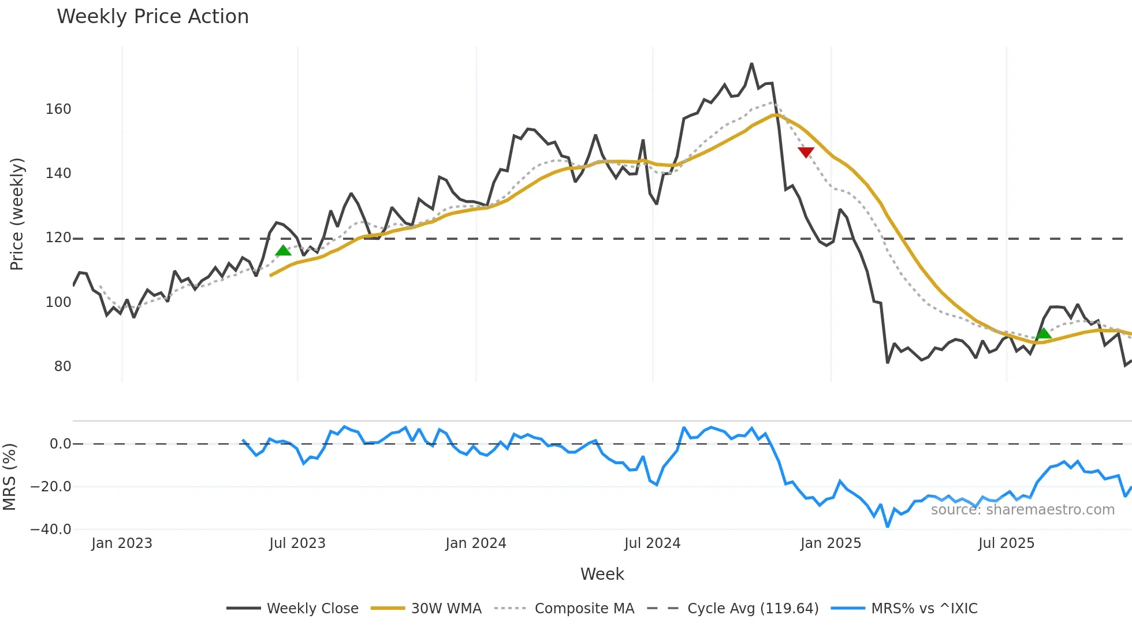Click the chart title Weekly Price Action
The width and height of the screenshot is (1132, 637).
(x=152, y=17)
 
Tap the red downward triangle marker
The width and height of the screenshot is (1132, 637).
(x=806, y=152)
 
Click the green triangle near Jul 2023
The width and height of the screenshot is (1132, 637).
(x=283, y=250)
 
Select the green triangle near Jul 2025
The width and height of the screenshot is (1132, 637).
(x=1043, y=334)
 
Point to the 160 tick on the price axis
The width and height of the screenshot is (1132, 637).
(x=58, y=109)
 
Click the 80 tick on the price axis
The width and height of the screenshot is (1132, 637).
(x=62, y=366)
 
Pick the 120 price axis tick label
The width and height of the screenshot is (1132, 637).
(x=58, y=238)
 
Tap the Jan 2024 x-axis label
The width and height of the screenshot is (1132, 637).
(x=475, y=543)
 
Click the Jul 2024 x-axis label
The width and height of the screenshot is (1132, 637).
(x=652, y=543)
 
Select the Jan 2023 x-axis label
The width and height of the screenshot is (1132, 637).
(x=122, y=543)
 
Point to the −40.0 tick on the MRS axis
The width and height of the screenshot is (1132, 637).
(x=51, y=529)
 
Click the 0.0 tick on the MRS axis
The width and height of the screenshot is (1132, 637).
(x=60, y=444)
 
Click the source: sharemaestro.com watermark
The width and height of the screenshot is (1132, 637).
(x=1022, y=510)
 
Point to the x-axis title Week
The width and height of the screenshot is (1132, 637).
(x=602, y=574)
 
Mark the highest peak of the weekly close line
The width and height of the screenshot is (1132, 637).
(x=751, y=64)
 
